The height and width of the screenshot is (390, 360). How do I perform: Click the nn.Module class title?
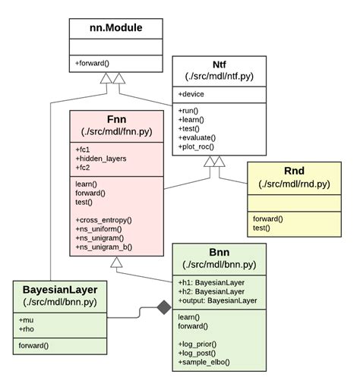coord(116,29)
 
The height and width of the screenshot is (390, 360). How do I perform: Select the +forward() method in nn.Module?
coord(93,63)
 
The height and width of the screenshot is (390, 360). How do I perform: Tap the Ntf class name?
coord(219,65)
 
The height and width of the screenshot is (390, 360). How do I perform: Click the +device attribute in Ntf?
coord(194,94)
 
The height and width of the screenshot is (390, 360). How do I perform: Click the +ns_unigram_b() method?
coord(103,247)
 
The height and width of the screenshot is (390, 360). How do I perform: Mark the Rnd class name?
coord(294,171)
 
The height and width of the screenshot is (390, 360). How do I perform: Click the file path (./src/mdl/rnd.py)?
coord(294,184)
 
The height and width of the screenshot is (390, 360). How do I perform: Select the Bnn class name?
coord(219,252)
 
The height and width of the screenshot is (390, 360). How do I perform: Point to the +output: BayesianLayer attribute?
coord(217,301)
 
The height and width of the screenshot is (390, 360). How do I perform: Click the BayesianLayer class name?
coord(59,290)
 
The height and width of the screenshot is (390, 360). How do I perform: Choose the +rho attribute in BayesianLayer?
coord(29,329)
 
